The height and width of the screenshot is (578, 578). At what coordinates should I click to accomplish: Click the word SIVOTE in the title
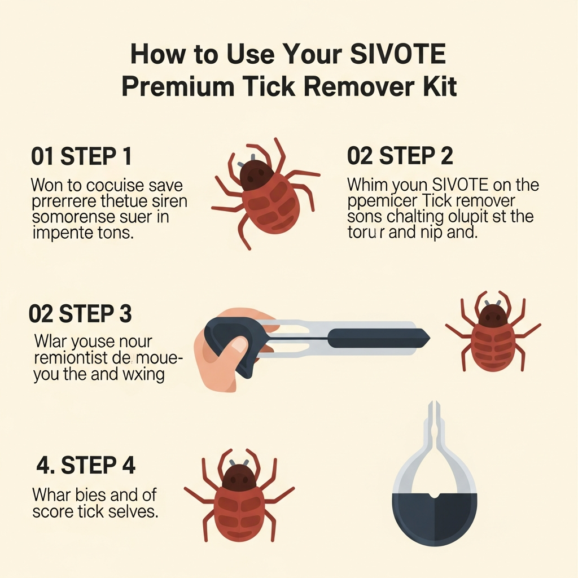point(397,54)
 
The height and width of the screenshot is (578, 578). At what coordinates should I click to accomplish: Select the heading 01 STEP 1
point(81,156)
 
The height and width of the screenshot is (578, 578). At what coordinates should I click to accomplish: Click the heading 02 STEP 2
point(400,155)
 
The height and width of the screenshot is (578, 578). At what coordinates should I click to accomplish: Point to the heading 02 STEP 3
point(80,314)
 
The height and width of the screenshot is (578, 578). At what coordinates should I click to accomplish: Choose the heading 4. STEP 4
point(86,465)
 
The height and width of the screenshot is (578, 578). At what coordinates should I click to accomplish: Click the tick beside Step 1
point(264,194)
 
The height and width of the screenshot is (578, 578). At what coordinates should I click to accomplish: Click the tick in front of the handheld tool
point(493,331)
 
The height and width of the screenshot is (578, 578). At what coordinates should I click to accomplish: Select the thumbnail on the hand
point(239,345)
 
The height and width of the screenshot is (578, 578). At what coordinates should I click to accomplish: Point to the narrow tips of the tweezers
point(434,409)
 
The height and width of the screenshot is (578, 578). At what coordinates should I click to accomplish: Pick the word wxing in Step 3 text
point(143,375)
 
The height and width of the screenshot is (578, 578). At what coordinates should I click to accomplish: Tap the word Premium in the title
point(178,86)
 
